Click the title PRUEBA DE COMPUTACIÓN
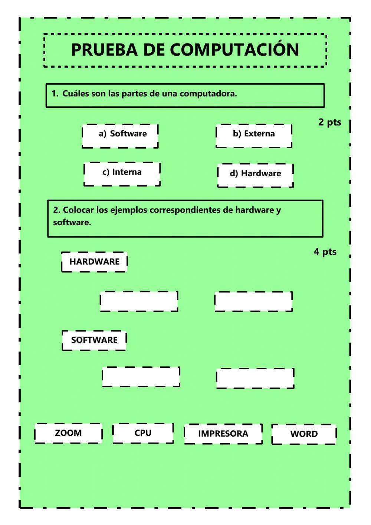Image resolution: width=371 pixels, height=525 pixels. (x=185, y=50)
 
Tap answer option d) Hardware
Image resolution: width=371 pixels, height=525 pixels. (x=255, y=175)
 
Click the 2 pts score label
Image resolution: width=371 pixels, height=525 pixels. (x=329, y=122)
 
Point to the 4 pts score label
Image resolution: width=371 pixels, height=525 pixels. (x=325, y=252)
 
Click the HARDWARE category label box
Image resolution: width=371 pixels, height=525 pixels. (x=94, y=262)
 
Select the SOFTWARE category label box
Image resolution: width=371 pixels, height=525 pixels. (x=94, y=340)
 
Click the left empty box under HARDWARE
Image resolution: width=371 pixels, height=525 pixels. (x=139, y=301)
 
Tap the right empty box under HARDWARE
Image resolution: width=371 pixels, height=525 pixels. (x=253, y=301)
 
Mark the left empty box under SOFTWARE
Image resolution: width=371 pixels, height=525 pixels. (x=141, y=377)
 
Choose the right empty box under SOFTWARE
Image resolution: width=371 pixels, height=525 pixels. (x=255, y=378)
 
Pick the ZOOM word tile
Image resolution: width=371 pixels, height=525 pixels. (x=68, y=433)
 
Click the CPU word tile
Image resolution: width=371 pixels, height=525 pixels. (x=143, y=433)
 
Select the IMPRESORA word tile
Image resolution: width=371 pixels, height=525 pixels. (x=223, y=434)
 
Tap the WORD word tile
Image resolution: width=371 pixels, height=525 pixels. (x=304, y=434)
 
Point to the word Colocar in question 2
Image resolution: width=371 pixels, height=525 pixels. (x=78, y=210)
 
